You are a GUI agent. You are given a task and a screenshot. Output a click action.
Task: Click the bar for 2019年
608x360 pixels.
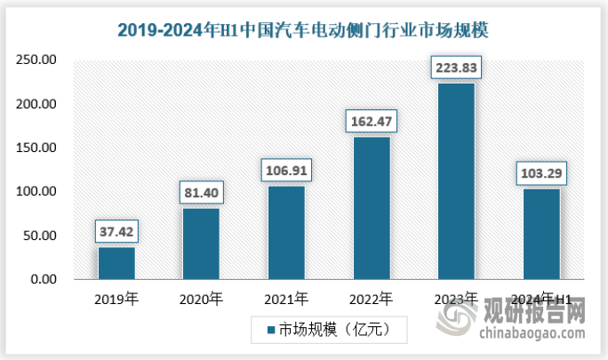click(x=116, y=263)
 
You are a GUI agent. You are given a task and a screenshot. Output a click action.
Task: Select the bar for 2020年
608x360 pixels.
click(x=201, y=244)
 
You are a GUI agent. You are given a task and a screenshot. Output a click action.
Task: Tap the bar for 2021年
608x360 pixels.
click(x=286, y=232)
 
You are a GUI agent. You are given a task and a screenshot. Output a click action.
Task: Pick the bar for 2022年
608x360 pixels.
click(x=372, y=208)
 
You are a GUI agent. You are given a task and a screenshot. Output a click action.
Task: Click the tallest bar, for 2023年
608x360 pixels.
click(x=456, y=181)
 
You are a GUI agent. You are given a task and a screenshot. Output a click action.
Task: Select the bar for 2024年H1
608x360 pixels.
click(x=541, y=234)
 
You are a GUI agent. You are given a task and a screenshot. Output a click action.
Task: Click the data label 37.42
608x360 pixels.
click(x=116, y=233)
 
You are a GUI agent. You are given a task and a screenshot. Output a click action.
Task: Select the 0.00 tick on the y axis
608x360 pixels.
click(x=41, y=280)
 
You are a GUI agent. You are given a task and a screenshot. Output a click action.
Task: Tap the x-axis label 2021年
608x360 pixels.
click(x=286, y=299)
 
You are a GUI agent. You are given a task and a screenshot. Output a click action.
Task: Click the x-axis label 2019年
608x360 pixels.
click(x=116, y=299)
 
